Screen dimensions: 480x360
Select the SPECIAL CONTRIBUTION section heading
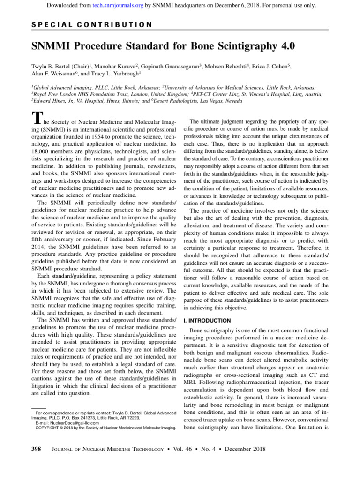click(x=91, y=24)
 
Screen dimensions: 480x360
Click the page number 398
click(x=36, y=449)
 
